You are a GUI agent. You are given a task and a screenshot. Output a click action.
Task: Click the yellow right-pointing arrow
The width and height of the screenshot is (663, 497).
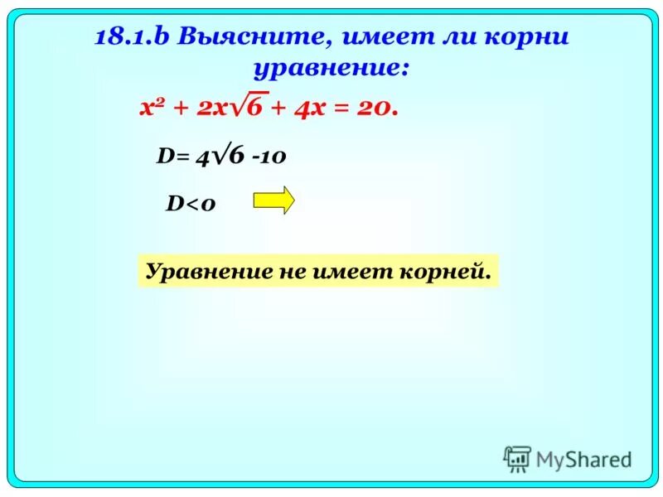(x=273, y=200)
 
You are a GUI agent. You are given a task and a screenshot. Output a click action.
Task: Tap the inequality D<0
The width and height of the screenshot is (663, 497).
(x=191, y=204)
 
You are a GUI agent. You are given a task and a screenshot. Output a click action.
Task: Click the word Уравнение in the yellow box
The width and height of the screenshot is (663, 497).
(x=198, y=271)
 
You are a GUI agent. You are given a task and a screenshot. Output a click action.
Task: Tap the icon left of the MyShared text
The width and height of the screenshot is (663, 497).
(x=517, y=459)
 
